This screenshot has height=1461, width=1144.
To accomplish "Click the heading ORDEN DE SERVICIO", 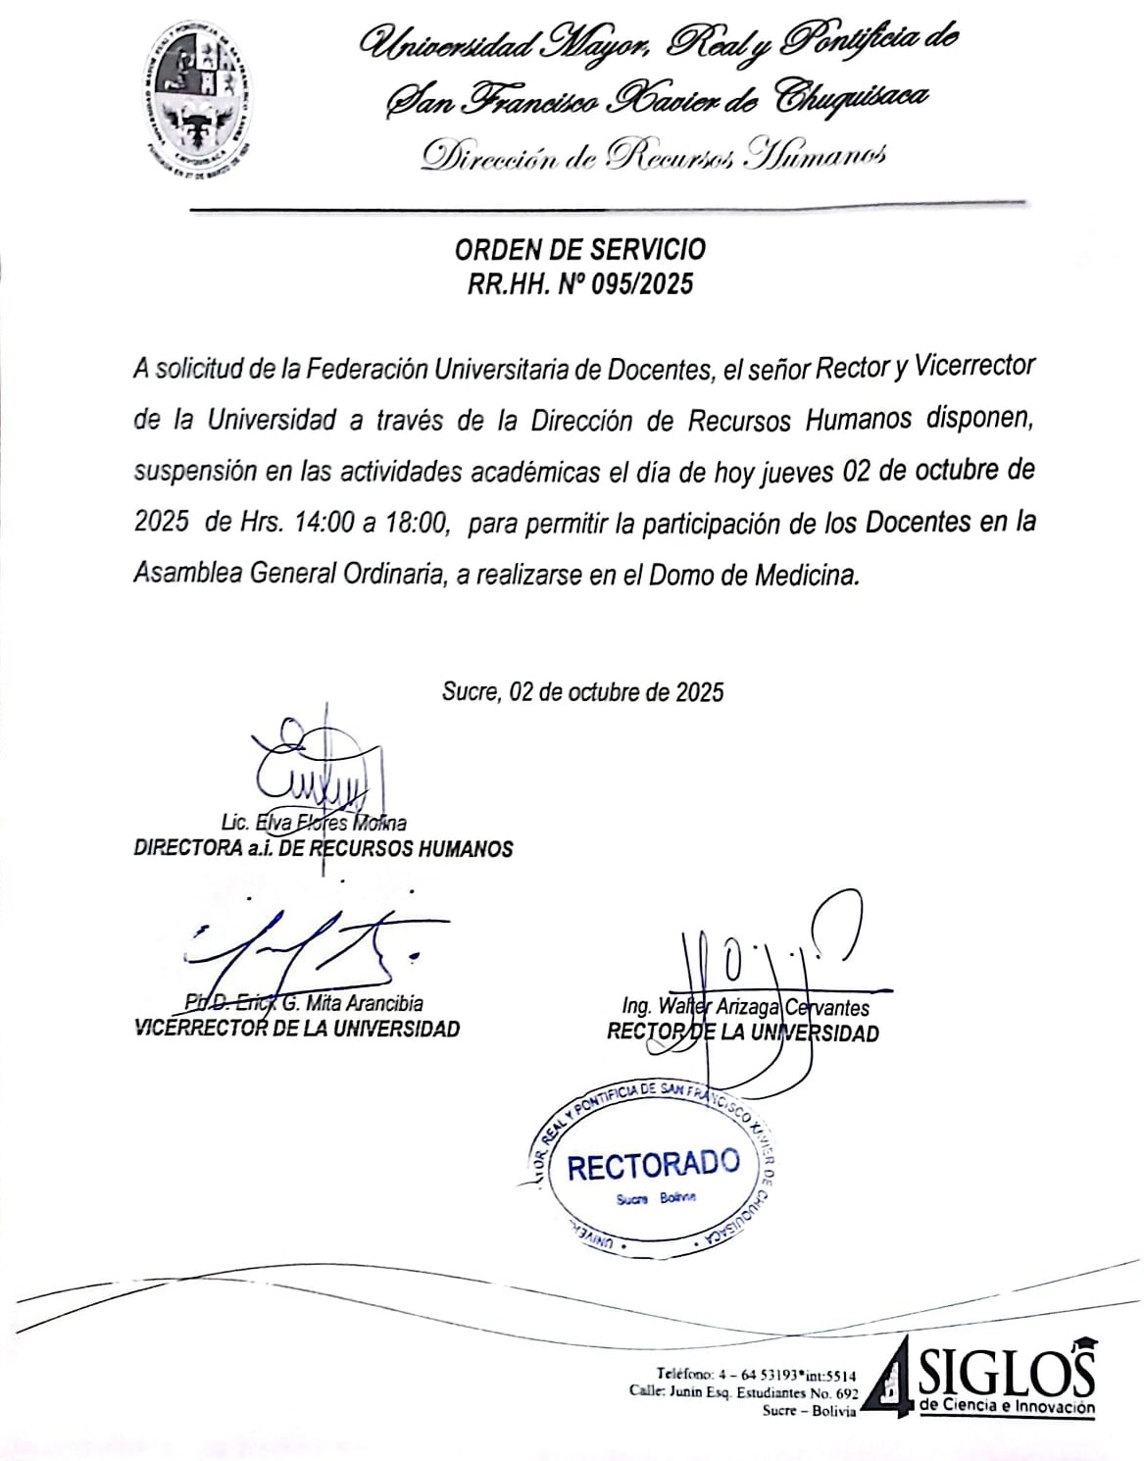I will click(x=579, y=249).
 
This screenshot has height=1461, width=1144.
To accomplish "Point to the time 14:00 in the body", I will click(x=323, y=523).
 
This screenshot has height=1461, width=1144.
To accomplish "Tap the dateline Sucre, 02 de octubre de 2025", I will click(x=582, y=692).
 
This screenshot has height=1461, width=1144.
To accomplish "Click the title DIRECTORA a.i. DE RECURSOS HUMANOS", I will click(x=323, y=848).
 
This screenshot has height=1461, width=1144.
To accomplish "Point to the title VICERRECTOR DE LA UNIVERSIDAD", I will click(x=296, y=1029).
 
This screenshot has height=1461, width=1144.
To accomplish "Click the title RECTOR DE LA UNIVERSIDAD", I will click(x=742, y=1032).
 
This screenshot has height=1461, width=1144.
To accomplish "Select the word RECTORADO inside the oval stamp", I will click(x=653, y=1165).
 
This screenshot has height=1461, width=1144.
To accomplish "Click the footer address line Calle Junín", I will click(x=743, y=1392).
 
